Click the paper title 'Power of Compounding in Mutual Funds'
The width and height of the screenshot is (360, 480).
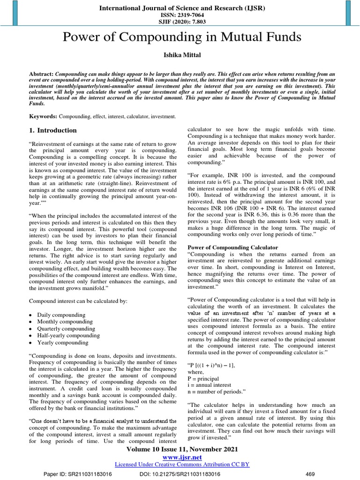pyautogui.click(x=180, y=37)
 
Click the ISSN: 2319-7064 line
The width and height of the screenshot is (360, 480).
pyautogui.click(x=180, y=15)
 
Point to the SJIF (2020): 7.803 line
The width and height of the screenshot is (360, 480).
pyautogui.click(x=180, y=21)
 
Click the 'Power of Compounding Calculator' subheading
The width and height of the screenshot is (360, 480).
pyautogui.click(x=232, y=247)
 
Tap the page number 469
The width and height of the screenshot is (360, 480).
pyautogui.click(x=310, y=474)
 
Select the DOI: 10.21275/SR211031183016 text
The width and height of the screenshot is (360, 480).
pyautogui.click(x=180, y=474)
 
